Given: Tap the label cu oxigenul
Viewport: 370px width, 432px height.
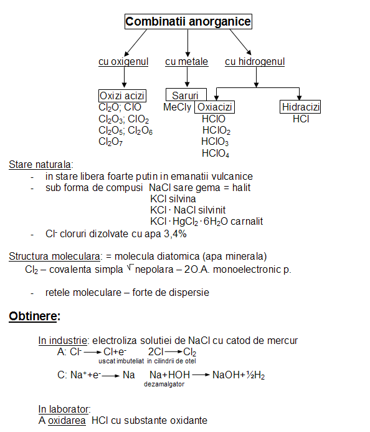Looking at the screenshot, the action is pyautogui.click(x=123, y=61).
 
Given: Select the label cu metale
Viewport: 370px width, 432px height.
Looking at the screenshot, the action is pyautogui.click(x=187, y=61).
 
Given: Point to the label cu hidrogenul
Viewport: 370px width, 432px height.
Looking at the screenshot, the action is pyautogui.click(x=255, y=61).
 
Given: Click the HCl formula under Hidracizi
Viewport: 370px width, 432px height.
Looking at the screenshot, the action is pyautogui.click(x=301, y=119).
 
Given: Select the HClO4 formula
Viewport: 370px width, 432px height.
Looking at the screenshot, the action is pyautogui.click(x=216, y=153).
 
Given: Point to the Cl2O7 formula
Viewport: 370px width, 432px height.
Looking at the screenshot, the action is pyautogui.click(x=110, y=142).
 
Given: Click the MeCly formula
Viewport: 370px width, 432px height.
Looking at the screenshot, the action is pyautogui.click(x=178, y=107).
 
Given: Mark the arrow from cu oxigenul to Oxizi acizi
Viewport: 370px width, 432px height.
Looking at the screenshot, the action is pyautogui.click(x=124, y=77).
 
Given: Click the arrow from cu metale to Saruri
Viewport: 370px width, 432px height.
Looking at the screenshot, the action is pyautogui.click(x=187, y=77).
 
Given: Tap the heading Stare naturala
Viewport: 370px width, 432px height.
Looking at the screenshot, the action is pyautogui.click(x=40, y=164).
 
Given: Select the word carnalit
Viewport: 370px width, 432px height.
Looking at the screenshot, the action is pyautogui.click(x=247, y=221).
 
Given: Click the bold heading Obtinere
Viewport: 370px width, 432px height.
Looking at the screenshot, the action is pyautogui.click(x=33, y=316).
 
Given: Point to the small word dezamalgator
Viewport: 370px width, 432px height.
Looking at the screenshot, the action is pyautogui.click(x=164, y=385).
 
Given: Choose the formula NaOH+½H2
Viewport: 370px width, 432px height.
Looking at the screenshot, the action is pyautogui.click(x=239, y=375).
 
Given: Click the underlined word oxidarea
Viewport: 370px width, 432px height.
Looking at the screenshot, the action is pyautogui.click(x=67, y=421).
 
